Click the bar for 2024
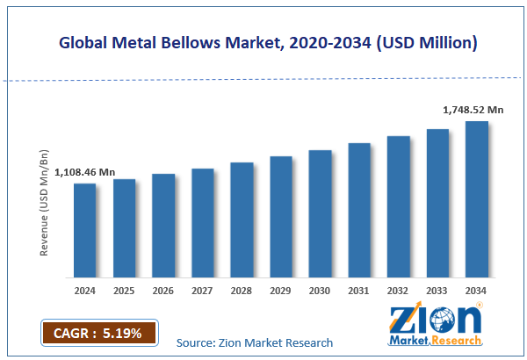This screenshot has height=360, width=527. pos(84,228)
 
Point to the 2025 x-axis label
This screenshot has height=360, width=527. pos(124,289)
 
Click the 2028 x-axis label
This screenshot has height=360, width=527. pos(242,289)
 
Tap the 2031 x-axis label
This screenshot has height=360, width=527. pos(359,289)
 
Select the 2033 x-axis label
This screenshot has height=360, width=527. pos(437,289)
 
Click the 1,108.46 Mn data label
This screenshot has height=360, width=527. pos(85,173)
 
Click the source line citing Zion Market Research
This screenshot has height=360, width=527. pos(255,342)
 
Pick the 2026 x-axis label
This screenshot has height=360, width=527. pos(163,289)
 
